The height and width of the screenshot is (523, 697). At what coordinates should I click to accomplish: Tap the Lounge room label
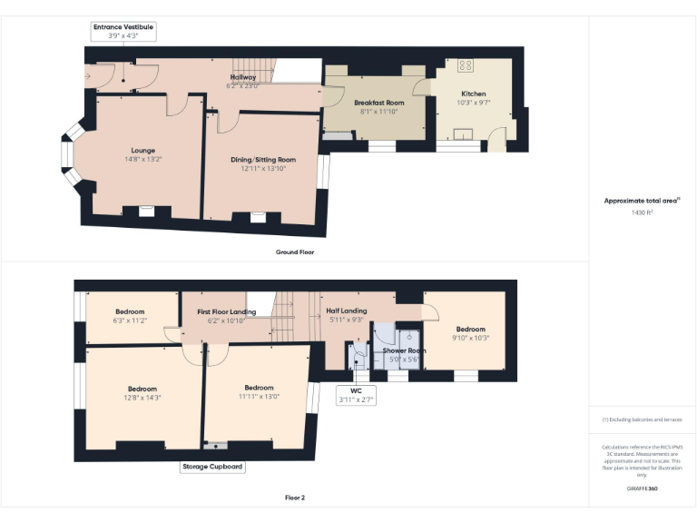[142, 151]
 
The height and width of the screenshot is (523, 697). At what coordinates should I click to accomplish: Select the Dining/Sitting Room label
[262, 160]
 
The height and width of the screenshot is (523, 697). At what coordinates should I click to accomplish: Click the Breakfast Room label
[378, 104]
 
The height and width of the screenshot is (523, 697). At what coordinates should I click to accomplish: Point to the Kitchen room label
[473, 94]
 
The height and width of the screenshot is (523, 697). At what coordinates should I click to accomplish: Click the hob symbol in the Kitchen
[466, 65]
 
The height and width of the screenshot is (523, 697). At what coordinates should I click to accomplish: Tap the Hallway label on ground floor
[242, 78]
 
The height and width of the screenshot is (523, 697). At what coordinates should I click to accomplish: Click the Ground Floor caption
[295, 252]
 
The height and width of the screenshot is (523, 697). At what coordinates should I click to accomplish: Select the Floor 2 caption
[295, 498]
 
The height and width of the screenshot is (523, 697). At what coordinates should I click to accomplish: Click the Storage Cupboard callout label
[212, 467]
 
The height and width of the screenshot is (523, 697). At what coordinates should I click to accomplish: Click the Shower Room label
[404, 350]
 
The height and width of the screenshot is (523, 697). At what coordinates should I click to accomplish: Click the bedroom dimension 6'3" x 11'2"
[129, 321]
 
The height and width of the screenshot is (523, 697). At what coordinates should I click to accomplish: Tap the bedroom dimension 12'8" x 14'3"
[142, 397]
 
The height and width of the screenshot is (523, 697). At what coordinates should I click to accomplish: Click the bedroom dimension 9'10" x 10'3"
[471, 338]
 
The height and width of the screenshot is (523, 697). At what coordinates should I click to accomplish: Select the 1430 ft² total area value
[642, 212]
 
